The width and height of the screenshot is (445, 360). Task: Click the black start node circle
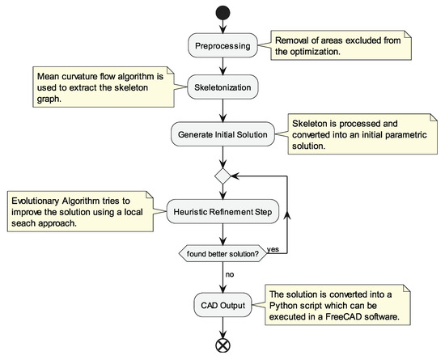222,14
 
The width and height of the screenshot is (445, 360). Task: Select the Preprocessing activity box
222,46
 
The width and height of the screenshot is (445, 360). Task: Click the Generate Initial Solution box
222,133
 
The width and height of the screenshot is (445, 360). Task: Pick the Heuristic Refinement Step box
222,212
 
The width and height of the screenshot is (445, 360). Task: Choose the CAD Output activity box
222,305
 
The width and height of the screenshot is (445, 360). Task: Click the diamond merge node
222,173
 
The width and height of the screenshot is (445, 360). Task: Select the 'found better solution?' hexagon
222,253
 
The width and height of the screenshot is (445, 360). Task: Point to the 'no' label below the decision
231,275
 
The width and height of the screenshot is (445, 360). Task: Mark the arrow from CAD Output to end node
222,327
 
